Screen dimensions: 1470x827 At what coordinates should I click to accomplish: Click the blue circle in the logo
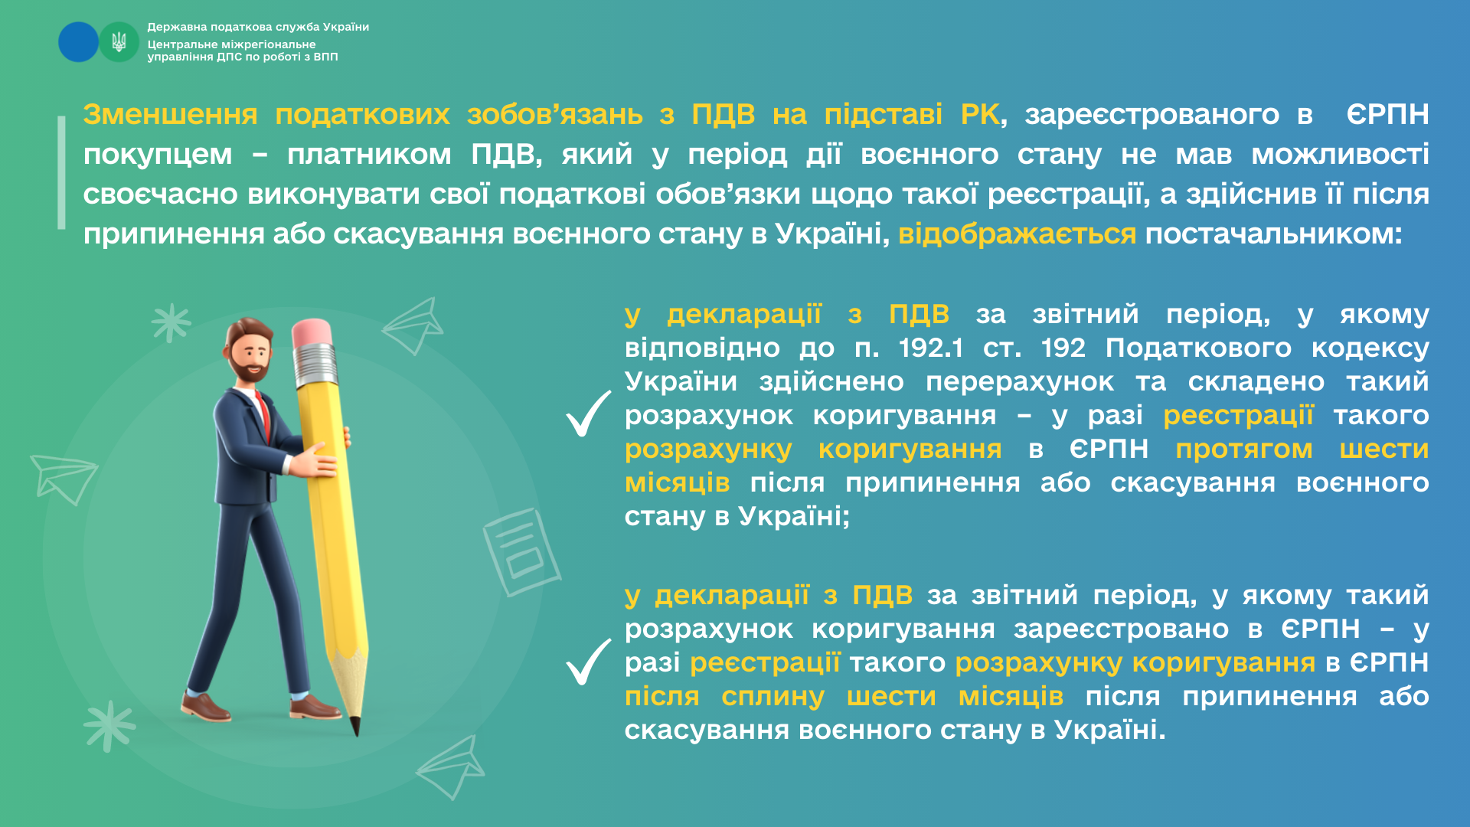pyautogui.click(x=78, y=41)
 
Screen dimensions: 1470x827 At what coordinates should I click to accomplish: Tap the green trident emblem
pyautogui.click(x=119, y=41)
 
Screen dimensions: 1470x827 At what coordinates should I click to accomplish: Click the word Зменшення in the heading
pyautogui.click(x=170, y=114)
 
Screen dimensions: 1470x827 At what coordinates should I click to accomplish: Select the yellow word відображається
pyautogui.click(x=1017, y=234)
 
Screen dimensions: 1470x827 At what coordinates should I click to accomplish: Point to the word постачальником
pyautogui.click(x=1273, y=234)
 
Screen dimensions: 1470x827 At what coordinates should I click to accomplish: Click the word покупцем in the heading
pyautogui.click(x=158, y=155)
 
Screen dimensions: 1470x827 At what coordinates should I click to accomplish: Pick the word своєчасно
pyautogui.click(x=160, y=194)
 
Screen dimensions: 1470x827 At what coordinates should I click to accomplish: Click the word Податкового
pyautogui.click(x=1198, y=348)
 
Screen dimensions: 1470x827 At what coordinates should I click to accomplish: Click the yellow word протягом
pyautogui.click(x=1244, y=449)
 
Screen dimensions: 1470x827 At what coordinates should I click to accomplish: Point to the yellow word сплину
pyautogui.click(x=773, y=697)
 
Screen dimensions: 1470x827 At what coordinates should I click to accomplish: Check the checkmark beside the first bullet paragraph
pyautogui.click(x=589, y=413)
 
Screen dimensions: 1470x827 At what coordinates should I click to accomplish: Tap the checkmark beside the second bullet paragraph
pyautogui.click(x=589, y=662)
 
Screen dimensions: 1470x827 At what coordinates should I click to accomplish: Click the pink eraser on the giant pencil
pyautogui.click(x=311, y=334)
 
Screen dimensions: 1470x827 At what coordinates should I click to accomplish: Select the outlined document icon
pyautogui.click(x=521, y=551)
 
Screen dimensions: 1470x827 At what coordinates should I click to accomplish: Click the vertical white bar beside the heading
pyautogui.click(x=61, y=173)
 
